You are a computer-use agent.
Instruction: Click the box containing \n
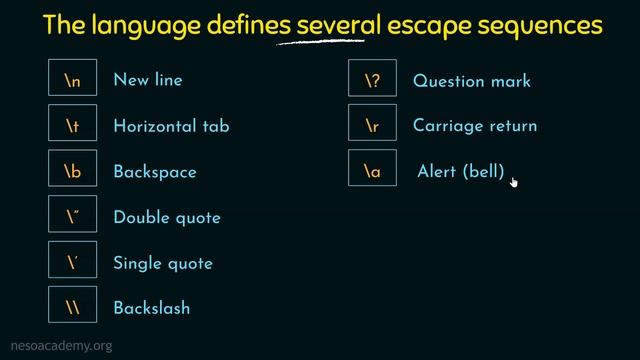(72, 80)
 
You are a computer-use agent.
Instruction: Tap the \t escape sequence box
(72, 126)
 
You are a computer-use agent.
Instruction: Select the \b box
(72, 172)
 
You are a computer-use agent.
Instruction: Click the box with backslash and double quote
(72, 218)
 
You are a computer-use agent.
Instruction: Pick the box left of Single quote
(72, 264)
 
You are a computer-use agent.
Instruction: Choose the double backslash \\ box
(72, 309)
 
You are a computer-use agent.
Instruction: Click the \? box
(372, 80)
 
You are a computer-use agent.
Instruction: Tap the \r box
(372, 126)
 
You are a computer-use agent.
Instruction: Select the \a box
(372, 172)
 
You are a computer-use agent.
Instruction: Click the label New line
(148, 80)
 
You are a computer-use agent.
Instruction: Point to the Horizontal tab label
(171, 126)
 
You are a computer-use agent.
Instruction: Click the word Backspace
(155, 172)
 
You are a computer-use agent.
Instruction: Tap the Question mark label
(472, 81)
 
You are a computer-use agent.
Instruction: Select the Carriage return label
(475, 126)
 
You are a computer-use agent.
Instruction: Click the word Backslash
(152, 309)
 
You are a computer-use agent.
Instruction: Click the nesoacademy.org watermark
(57, 346)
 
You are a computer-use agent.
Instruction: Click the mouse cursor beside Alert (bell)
(514, 181)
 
